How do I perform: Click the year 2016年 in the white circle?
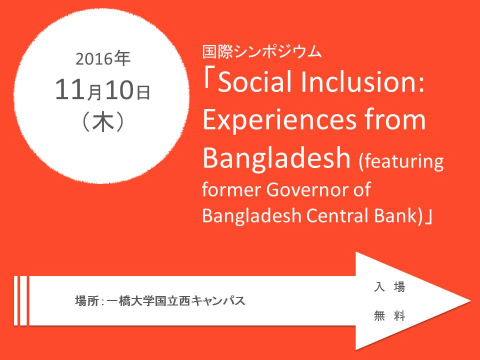(103, 59)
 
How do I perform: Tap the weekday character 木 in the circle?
(103, 122)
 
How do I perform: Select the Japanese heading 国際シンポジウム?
(262, 51)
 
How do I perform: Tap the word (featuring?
(401, 161)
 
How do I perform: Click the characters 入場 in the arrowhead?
(389, 287)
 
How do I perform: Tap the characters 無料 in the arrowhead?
(389, 315)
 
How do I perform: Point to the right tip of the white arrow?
(471, 301)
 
